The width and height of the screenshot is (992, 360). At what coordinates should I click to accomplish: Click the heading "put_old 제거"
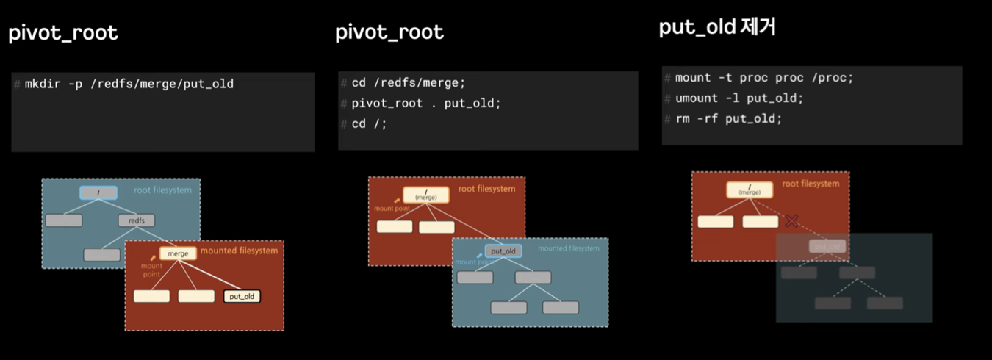pos(717,28)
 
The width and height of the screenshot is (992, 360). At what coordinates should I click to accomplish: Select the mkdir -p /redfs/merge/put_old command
pos(129,84)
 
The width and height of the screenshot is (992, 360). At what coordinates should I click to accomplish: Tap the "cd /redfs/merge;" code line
pos(408,83)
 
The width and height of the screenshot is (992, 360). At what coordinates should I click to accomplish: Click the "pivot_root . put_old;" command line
pos(425,104)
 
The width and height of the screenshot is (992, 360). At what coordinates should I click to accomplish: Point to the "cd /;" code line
pos(369,124)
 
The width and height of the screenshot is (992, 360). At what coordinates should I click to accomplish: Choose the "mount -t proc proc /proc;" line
pos(764,78)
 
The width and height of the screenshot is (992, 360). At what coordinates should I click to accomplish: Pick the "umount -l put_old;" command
pos(739,98)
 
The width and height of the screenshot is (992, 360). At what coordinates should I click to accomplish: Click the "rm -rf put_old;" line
pos(728,119)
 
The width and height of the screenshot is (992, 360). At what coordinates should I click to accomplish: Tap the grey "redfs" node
pos(137,220)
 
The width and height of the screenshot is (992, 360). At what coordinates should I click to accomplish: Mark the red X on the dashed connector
pos(791,220)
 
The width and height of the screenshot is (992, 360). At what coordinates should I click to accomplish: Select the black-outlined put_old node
pos(242,296)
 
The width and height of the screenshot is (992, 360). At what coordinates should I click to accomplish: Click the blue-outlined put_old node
pos(503,251)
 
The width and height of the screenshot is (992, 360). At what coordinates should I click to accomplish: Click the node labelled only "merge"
pos(178,253)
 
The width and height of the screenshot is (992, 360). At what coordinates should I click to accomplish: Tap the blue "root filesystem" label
pos(162,190)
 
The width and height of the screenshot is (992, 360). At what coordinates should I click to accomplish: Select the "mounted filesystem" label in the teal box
pos(568,248)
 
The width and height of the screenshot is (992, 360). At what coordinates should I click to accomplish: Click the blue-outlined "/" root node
pos(98,193)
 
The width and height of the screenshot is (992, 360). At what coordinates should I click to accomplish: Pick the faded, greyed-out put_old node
pos(827,247)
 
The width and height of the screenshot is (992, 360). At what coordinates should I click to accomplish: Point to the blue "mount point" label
pos(472,262)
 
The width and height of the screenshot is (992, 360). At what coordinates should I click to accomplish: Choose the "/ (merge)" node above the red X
pos(750,190)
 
